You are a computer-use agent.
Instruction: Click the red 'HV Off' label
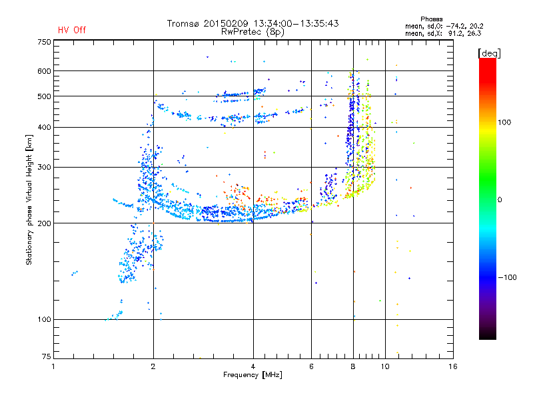point(72,30)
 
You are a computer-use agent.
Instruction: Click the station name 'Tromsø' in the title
point(183,23)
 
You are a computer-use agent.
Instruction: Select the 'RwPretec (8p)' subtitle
point(253,32)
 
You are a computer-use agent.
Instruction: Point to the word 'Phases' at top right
point(431,19)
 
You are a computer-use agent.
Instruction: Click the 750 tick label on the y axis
point(45,42)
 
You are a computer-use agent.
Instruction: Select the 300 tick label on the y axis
point(45,168)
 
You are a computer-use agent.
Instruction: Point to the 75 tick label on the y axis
point(47,356)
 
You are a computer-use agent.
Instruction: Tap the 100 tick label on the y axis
point(45,320)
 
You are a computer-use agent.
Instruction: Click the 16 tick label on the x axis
point(453,366)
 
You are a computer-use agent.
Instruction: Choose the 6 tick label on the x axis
point(311,366)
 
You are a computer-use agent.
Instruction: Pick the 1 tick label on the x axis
point(54,366)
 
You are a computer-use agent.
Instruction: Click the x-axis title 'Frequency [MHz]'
point(253,375)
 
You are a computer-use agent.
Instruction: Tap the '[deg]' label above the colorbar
point(489,53)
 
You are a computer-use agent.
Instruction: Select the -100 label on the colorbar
point(508,277)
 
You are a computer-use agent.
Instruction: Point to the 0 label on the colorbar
point(500,200)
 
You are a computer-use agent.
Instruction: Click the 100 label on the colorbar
point(504,122)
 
